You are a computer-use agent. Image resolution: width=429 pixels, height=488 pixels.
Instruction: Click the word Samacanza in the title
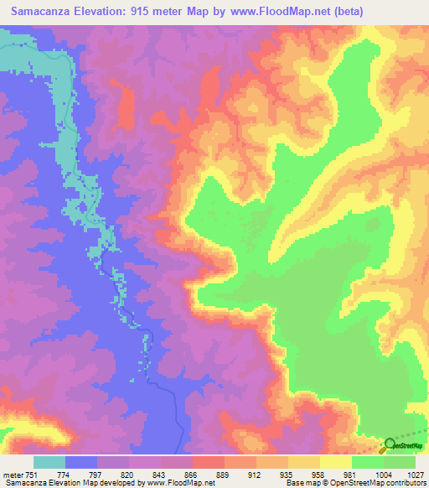pyautogui.click(x=43, y=12)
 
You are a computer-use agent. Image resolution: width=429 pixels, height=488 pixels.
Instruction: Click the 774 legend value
pyautogui.click(x=82, y=474)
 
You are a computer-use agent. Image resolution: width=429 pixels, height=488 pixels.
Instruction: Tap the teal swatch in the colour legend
pyautogui.click(x=49, y=462)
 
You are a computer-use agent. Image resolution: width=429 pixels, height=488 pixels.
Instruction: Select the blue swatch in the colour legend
pyautogui.click(x=81, y=462)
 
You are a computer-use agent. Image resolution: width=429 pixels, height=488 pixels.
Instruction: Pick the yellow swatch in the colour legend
pyautogui.click(x=336, y=462)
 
